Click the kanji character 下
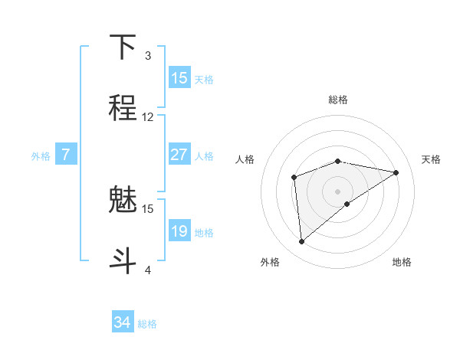click(123, 47)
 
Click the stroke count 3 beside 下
click(148, 56)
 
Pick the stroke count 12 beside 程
click(148, 117)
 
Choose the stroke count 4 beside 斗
click(148, 270)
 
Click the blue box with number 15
click(179, 78)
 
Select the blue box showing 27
click(179, 155)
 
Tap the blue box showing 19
click(179, 231)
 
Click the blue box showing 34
click(123, 322)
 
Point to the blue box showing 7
click(66, 155)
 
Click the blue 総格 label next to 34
click(147, 324)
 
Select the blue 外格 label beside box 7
click(41, 156)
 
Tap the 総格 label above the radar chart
click(338, 100)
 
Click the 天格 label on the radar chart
click(431, 159)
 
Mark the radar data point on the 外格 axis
click(302, 242)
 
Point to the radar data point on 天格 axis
click(396, 172)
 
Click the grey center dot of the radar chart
click(338, 191)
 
